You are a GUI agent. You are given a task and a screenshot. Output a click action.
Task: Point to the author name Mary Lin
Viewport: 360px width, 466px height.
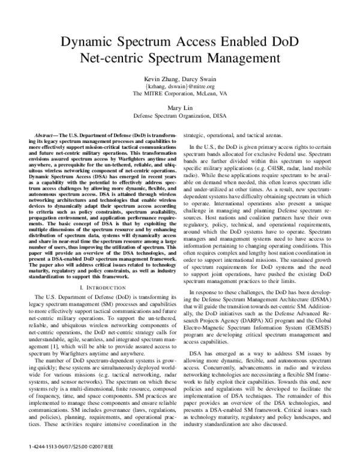tap(179, 110)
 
